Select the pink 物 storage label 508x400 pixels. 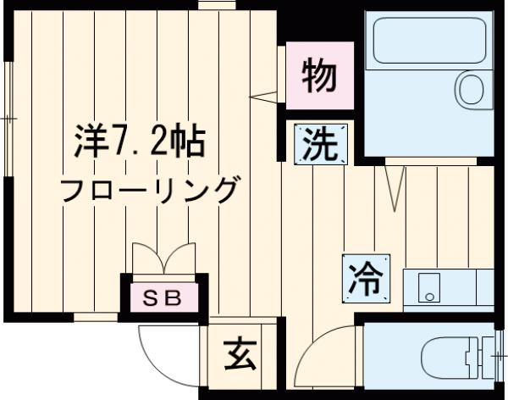(322, 79)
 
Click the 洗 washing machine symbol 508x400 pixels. (322, 144)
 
